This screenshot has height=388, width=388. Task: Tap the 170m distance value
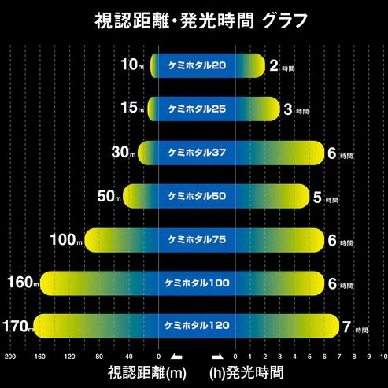pos(17,326)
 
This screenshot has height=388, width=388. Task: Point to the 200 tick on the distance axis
pos(9,357)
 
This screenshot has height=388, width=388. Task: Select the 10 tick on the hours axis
pos(382,357)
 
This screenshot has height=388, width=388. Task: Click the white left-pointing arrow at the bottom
pos(176,356)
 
